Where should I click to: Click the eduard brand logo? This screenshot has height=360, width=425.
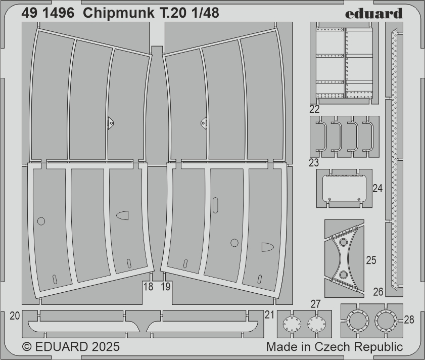[374, 13]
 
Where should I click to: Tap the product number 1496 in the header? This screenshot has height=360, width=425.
[58, 13]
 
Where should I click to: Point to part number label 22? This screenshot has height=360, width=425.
[314, 109]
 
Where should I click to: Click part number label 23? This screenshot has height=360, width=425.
[314, 163]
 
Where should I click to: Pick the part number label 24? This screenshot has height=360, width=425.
[377, 188]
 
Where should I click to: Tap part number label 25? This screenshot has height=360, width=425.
[371, 260]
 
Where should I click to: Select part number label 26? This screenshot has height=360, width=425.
[378, 292]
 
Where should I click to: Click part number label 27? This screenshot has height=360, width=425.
[316, 304]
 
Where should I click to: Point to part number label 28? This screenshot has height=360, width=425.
[409, 320]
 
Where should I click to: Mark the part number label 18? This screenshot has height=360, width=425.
[148, 287]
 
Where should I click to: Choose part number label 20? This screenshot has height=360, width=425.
[15, 316]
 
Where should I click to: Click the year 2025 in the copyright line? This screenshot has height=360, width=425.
[106, 347]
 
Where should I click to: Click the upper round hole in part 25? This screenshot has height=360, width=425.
[344, 242]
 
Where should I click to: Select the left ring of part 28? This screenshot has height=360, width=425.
[357, 321]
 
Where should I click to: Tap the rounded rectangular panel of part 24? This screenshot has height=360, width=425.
[344, 188]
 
